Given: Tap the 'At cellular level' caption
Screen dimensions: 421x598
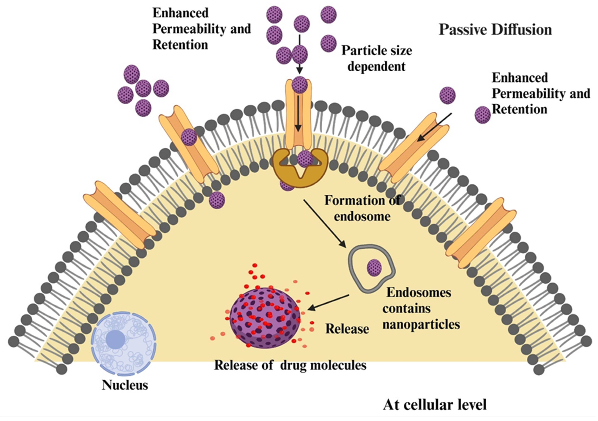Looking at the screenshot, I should pos(435,405).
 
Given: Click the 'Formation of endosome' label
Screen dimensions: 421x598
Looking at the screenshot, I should pos(362,209).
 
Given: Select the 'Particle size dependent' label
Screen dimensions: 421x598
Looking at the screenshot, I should pos(377,58).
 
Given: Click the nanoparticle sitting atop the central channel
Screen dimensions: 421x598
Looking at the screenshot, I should pos(299,85).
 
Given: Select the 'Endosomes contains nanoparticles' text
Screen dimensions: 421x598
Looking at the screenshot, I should pos(421,308).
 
